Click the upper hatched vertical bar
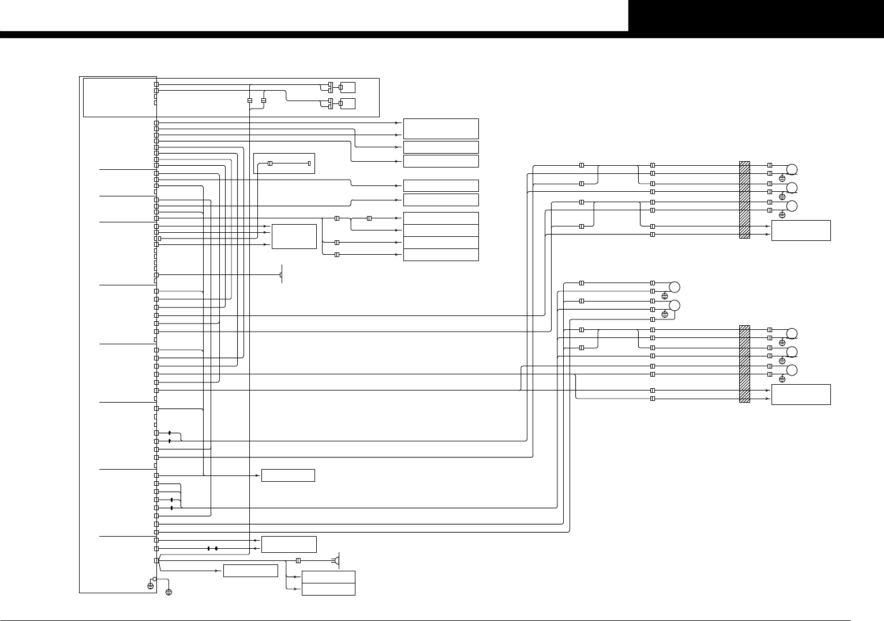pyautogui.click(x=744, y=200)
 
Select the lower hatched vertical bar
pyautogui.click(x=744, y=364)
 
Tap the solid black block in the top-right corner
pyautogui.click(x=756, y=16)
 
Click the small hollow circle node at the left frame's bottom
pyautogui.click(x=155, y=579)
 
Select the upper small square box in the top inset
pyautogui.click(x=348, y=87)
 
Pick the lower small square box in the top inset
pyautogui.click(x=348, y=103)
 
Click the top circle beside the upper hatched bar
pyautogui.click(x=792, y=169)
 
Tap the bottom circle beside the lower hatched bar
pyautogui.click(x=792, y=370)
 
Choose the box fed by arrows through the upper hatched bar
pyautogui.click(x=801, y=230)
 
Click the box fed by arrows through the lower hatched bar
pyautogui.click(x=801, y=395)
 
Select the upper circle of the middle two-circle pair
pyautogui.click(x=674, y=287)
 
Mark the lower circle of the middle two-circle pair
pyautogui.click(x=674, y=305)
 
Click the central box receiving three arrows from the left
pyautogui.click(x=294, y=236)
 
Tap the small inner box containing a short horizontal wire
pyautogui.click(x=284, y=163)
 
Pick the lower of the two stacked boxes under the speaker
pyautogui.click(x=328, y=589)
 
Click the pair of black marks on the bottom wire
pyautogui.click(x=212, y=548)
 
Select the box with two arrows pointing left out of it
pyautogui.click(x=289, y=544)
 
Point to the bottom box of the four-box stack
pyautogui.click(x=441, y=255)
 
